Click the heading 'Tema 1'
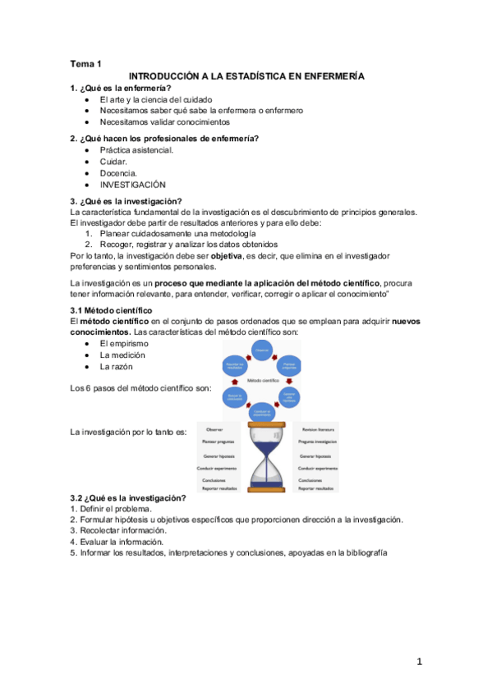click(x=86, y=63)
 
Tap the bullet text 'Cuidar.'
click(x=113, y=162)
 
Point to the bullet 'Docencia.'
click(x=119, y=173)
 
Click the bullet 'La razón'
click(x=117, y=367)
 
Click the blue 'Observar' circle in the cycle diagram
click(x=261, y=350)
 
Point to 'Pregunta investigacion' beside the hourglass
click(x=319, y=442)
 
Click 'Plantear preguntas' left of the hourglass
click(x=218, y=442)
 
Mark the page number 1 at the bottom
click(x=418, y=662)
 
